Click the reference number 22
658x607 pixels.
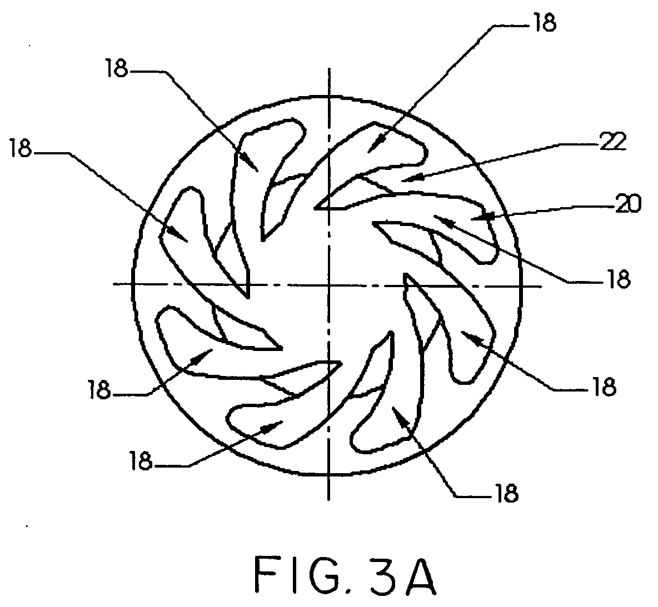613,142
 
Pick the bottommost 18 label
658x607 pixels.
507,493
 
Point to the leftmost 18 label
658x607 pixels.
21,148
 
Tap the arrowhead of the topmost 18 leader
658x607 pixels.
375,144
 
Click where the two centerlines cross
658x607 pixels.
329,285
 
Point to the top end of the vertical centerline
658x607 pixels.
330,68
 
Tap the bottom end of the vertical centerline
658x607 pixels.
329,500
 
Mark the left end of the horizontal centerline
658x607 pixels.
113,284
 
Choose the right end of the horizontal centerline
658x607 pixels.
541,287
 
